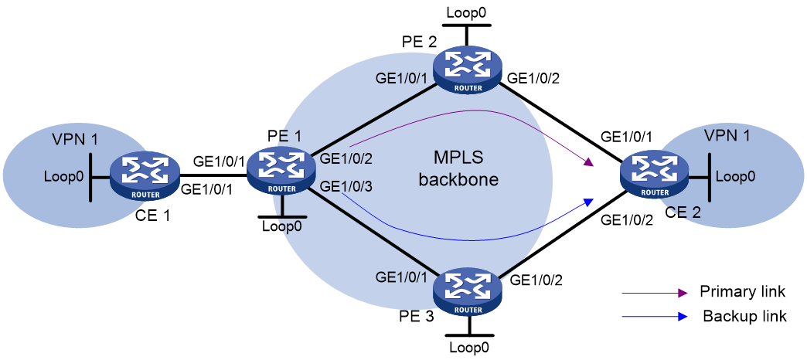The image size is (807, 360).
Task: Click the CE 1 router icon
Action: pyautogui.click(x=145, y=178)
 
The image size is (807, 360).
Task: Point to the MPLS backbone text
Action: pyautogui.click(x=458, y=169)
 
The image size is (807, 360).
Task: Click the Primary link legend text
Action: pyautogui.click(x=742, y=292)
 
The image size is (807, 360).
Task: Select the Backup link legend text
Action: pyautogui.click(x=744, y=316)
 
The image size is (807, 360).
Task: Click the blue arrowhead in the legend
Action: pyautogui.click(x=683, y=317)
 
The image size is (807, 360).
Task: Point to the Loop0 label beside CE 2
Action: pyautogui.click(x=736, y=176)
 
